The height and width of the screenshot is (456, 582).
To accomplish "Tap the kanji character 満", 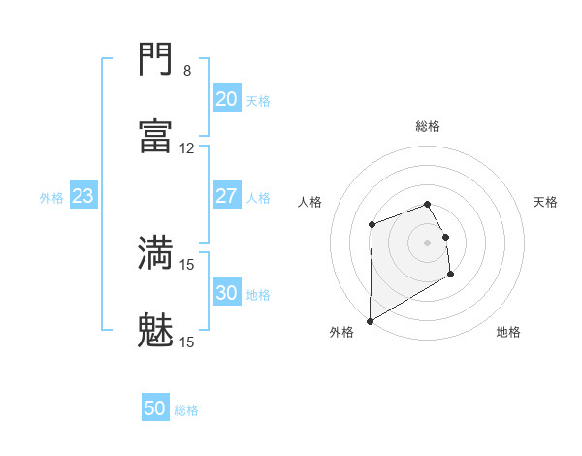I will coord(156,253).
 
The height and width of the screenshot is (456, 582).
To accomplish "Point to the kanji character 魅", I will coord(156,331).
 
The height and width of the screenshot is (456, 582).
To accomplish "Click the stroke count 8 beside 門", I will coord(187,71).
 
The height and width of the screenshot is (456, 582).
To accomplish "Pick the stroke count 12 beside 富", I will coord(187,148).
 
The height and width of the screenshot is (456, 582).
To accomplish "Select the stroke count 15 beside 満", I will coord(187,264).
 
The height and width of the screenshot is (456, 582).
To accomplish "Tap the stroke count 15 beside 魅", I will coord(187,342).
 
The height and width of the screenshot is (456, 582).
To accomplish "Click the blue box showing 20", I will coord(226,99).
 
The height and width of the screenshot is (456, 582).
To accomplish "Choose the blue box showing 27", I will coord(226,196).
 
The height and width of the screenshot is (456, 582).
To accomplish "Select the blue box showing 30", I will coord(226,293).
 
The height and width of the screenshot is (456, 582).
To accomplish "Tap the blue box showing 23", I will coord(83,196).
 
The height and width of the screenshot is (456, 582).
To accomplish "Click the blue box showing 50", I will coord(155,408).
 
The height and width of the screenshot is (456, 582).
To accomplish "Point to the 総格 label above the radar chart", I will coord(428,126).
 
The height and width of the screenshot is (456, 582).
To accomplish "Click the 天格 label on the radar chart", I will coord(545,202).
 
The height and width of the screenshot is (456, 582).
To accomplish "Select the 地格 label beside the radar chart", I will coord(508,332).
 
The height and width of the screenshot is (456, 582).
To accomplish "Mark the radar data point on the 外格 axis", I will coord(370,320).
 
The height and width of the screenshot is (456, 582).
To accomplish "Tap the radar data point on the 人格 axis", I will coord(372,225).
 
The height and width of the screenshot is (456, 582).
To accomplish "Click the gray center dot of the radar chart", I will coord(428,242).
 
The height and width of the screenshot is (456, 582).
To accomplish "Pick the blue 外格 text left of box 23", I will coord(51,197).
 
